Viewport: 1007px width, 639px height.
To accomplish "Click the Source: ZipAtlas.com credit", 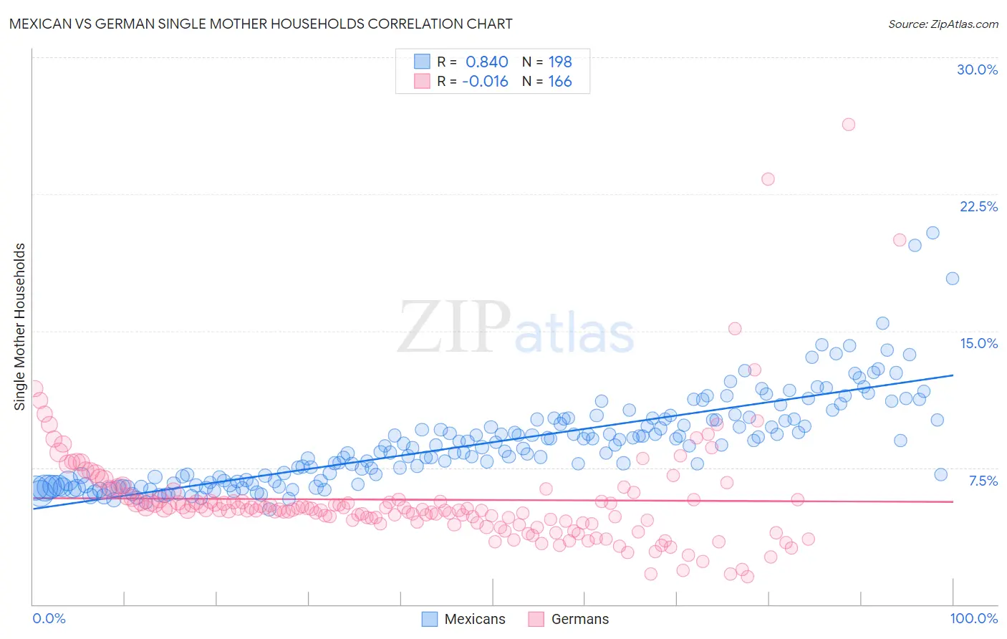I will [x=943, y=24].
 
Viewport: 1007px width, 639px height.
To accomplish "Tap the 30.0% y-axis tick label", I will [x=977, y=69].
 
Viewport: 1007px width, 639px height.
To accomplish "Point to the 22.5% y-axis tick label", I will [x=978, y=206].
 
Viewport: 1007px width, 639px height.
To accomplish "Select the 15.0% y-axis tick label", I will [x=978, y=343].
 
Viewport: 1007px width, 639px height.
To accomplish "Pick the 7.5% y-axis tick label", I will [x=983, y=481].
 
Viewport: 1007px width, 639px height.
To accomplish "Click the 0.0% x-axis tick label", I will [x=49, y=618].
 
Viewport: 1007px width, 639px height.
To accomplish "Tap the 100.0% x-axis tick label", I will [x=974, y=618].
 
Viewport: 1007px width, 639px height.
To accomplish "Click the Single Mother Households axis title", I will [x=20, y=327].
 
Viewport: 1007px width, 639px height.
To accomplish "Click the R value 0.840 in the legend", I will [x=487, y=62].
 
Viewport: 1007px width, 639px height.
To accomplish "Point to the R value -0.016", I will [x=485, y=81].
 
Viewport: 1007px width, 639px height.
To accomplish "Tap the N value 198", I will [x=560, y=62].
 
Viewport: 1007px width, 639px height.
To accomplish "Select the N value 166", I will [x=560, y=81].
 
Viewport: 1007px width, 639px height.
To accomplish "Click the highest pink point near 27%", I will [x=849, y=124].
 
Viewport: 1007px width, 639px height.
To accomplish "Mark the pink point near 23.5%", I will [x=768, y=179].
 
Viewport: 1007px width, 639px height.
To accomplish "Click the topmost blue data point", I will [x=933, y=233].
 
